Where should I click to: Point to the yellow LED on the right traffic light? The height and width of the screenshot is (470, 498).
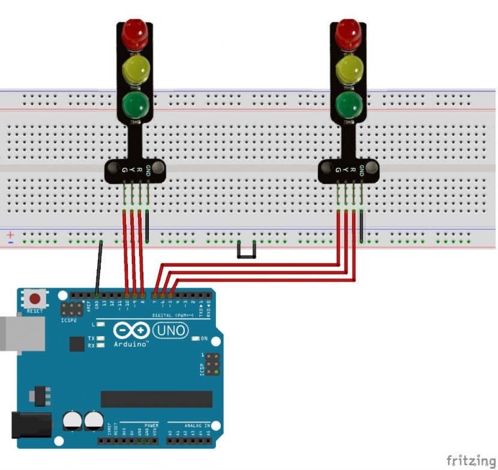tap(349, 70)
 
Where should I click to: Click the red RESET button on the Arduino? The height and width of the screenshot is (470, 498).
tap(35, 298)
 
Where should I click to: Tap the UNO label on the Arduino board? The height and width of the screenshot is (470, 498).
tap(171, 330)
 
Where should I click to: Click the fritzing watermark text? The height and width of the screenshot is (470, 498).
tap(470, 460)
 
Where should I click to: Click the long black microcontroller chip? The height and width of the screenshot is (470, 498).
tap(156, 399)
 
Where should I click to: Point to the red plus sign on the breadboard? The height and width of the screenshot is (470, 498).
tap(10, 233)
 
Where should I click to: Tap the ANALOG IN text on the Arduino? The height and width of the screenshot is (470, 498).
tap(197, 424)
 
